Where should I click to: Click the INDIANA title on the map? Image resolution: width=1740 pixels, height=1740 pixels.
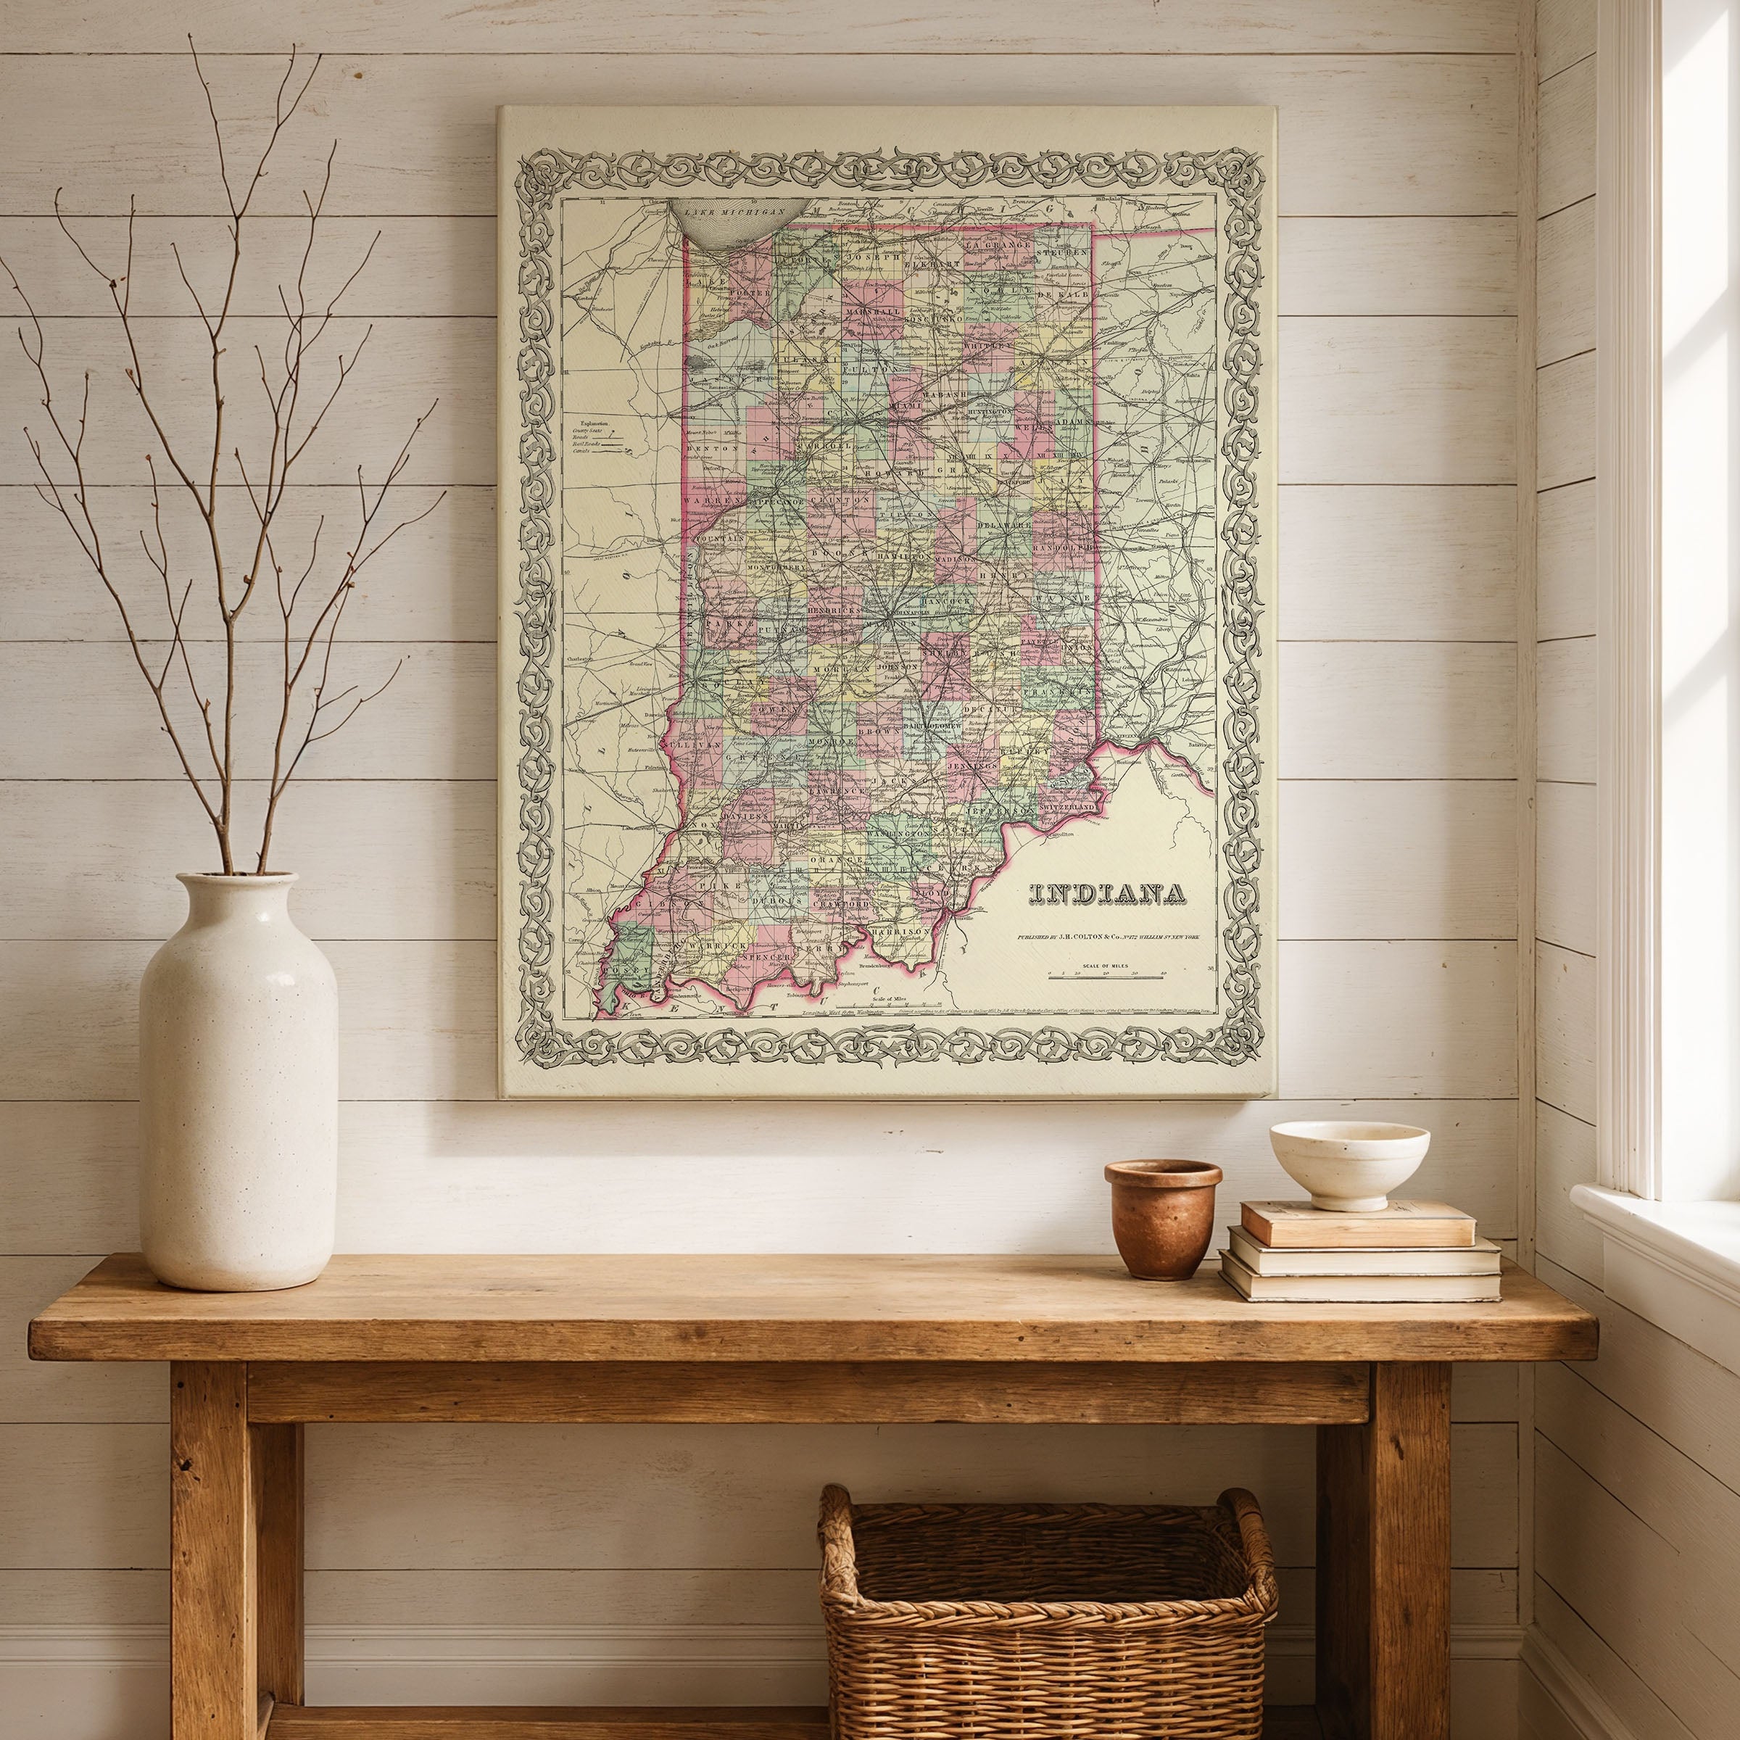pos(1106,892)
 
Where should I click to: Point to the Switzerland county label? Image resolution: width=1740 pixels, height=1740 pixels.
pos(1069,808)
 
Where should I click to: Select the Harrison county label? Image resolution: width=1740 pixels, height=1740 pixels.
pos(901,929)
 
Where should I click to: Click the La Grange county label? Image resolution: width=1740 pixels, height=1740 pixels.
pos(996,246)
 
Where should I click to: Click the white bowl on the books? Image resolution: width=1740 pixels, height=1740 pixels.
pos(1348,1161)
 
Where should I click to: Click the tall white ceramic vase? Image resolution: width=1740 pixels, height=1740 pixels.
pos(238,1081)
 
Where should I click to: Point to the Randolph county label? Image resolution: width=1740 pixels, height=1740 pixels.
pos(1066,547)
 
